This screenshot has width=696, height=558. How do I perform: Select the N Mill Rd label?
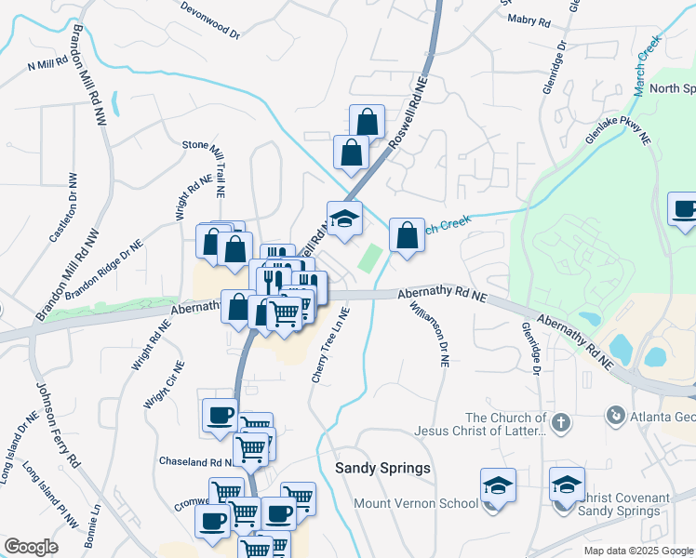pos(48,64)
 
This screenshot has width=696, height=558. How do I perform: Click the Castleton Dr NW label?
pos(62,212)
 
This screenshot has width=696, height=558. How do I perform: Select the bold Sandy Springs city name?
pos(382,468)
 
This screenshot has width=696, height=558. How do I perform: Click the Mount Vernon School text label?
pos(416,503)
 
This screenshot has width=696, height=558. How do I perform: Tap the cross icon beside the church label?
pos(559,423)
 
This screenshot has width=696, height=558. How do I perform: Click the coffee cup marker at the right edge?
pos(685,209)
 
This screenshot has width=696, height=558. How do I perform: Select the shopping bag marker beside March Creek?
pos(407,235)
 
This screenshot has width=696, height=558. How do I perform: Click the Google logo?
pos(31,547)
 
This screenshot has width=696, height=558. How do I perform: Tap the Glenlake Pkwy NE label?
pos(617,131)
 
